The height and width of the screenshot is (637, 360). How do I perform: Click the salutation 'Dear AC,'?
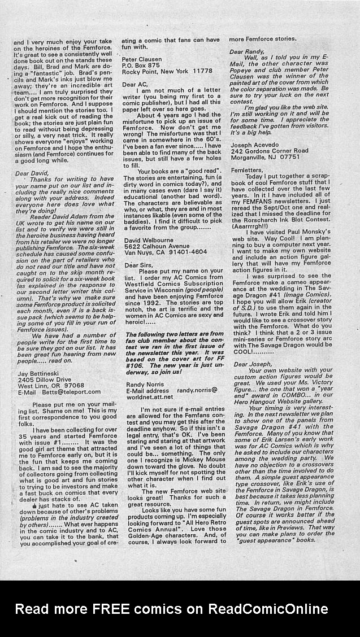[x=136, y=84]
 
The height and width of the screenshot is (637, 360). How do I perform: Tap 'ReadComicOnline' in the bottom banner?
[x=268, y=609]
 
